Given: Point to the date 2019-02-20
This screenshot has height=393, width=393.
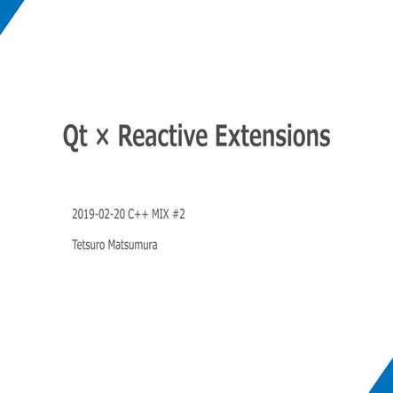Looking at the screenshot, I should coord(98,215).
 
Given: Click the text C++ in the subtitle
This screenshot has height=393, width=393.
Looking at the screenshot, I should coord(138,215).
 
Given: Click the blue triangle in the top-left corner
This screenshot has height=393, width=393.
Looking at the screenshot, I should coord(8,10).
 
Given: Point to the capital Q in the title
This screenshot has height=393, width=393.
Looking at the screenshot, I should coord(71,138).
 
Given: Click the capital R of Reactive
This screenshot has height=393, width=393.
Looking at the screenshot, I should coord(125,138).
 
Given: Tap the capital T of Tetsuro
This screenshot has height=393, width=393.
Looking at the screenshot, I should coord(74,243).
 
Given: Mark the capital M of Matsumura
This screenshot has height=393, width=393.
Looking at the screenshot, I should coord(113,243).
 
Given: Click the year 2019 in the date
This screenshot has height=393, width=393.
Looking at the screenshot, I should coord(81,215).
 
